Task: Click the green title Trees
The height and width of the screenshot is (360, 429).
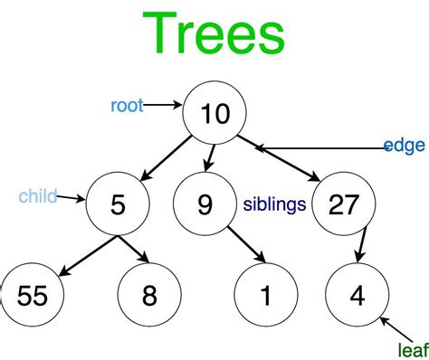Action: click(x=214, y=33)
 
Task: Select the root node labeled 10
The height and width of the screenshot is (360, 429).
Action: click(x=214, y=113)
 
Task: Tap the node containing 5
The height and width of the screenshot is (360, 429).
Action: click(x=118, y=204)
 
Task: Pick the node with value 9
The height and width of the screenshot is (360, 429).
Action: click(x=205, y=204)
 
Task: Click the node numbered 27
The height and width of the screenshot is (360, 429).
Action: click(x=344, y=204)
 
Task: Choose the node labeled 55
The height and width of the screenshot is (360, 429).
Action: click(x=32, y=295)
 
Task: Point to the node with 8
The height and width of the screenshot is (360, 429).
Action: click(x=149, y=295)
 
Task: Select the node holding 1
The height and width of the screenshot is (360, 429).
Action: click(x=266, y=295)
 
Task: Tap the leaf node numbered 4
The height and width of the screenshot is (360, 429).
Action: click(x=357, y=295)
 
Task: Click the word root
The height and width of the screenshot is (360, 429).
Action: click(x=127, y=106)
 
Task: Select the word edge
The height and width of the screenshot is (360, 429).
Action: click(x=405, y=146)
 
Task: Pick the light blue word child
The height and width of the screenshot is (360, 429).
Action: click(x=38, y=196)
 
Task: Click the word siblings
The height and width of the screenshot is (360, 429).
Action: click(x=274, y=204)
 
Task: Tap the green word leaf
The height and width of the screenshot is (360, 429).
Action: click(x=414, y=350)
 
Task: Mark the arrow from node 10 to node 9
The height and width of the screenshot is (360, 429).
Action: click(x=210, y=158)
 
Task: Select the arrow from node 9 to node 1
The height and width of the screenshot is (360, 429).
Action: click(x=247, y=244)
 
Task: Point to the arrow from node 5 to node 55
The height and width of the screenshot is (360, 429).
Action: click(x=88, y=256)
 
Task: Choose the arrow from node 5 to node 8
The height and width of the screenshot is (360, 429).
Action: click(x=134, y=250)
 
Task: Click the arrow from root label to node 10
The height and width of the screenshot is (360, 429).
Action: click(x=163, y=105)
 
